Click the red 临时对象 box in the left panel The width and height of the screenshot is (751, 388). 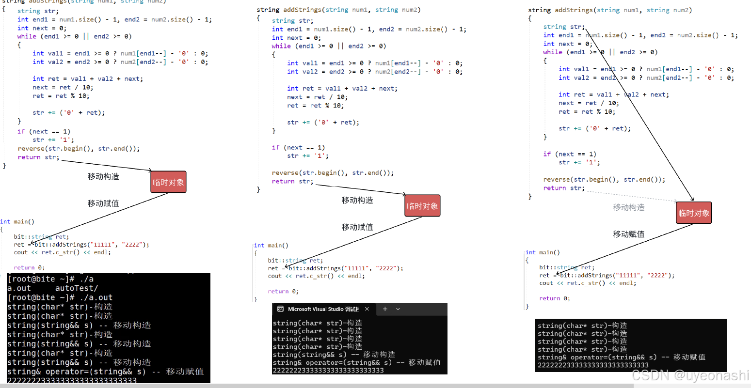point(168,182)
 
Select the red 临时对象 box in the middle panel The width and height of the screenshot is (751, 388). point(422,206)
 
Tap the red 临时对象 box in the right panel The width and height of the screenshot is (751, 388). point(694,213)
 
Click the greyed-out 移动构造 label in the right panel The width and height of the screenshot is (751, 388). point(629,207)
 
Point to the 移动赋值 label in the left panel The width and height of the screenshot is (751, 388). point(103,203)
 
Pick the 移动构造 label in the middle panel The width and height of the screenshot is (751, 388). point(357,200)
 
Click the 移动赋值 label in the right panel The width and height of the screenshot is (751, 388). point(629,234)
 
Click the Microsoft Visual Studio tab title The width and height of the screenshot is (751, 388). point(323,309)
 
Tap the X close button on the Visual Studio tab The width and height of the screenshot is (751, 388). point(367,309)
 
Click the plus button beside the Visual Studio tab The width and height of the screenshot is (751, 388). point(385,309)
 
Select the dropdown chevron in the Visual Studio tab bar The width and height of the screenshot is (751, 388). point(398,309)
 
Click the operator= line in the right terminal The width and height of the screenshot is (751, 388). point(621,357)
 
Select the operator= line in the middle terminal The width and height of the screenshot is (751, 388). point(356,362)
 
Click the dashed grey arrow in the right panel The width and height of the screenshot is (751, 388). point(630,196)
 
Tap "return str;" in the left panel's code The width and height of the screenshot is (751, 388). point(38,157)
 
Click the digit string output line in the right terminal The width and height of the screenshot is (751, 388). point(592,365)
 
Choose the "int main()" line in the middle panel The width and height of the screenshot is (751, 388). point(271,246)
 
